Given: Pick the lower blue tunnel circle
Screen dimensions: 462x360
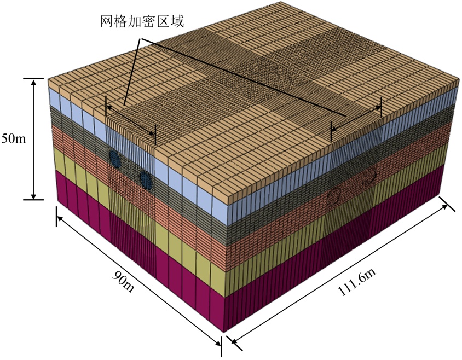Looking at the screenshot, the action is point(145,178).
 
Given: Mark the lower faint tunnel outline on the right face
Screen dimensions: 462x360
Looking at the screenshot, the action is point(333,196).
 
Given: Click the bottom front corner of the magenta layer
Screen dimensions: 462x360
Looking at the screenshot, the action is point(224,331).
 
